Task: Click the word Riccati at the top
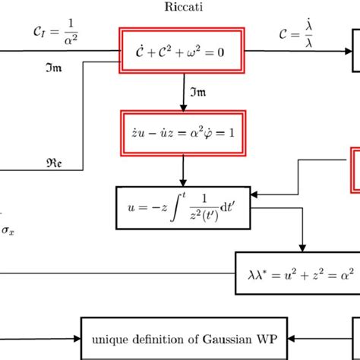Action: pos(182,8)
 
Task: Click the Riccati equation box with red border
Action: pos(183,51)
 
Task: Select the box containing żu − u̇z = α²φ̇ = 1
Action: pos(182,131)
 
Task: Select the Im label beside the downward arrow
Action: pos(199,90)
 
